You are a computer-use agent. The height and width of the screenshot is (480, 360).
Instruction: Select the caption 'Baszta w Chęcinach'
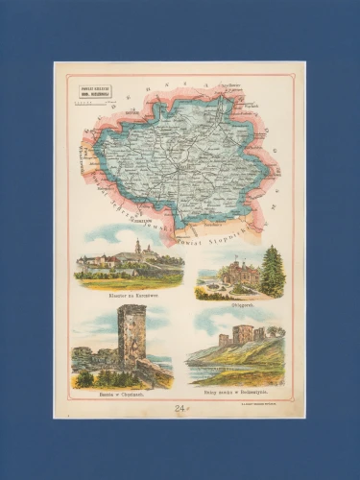[122, 394]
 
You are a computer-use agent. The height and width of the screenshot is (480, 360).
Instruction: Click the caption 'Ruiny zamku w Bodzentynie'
[240, 394]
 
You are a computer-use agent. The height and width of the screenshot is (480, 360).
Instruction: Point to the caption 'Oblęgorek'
[241, 302]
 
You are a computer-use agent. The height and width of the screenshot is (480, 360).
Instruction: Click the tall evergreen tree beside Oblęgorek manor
[273, 271]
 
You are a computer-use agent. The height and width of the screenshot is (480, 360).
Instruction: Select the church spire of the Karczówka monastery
[137, 250]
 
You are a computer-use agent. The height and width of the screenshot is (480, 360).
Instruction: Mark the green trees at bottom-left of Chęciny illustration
[84, 379]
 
